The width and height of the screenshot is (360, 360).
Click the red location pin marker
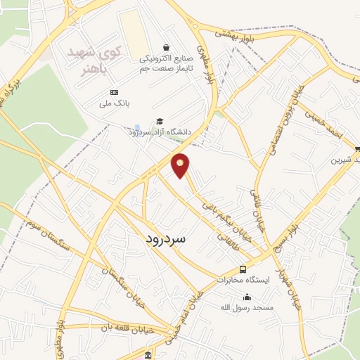pos(181,165)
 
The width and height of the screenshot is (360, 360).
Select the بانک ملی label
pos(115,104)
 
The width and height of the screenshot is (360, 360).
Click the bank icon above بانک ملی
pos(115,92)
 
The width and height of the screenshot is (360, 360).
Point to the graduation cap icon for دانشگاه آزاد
pos(160,121)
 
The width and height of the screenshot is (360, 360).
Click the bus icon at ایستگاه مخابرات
pos(243,269)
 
